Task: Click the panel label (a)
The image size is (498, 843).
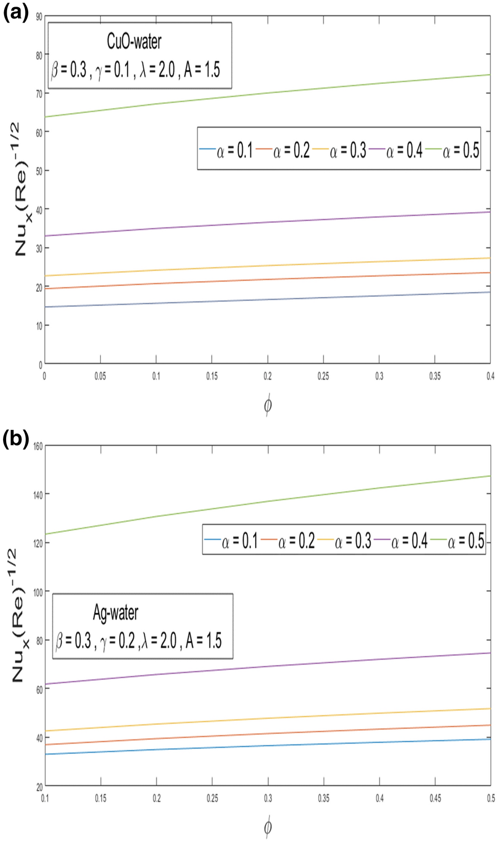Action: (x=15, y=11)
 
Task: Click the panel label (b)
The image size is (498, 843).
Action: (x=15, y=439)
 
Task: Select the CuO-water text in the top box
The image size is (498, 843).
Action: (x=134, y=41)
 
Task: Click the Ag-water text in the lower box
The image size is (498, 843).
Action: (x=116, y=613)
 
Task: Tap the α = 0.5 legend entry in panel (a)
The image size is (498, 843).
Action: (x=461, y=150)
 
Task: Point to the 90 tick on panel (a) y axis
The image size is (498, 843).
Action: (x=39, y=17)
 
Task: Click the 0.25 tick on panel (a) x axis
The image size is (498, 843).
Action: (x=323, y=376)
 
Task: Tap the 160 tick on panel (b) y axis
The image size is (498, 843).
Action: (x=38, y=446)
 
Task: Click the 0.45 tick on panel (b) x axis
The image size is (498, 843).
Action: (x=435, y=798)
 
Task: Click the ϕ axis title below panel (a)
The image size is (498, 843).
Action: (x=267, y=405)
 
